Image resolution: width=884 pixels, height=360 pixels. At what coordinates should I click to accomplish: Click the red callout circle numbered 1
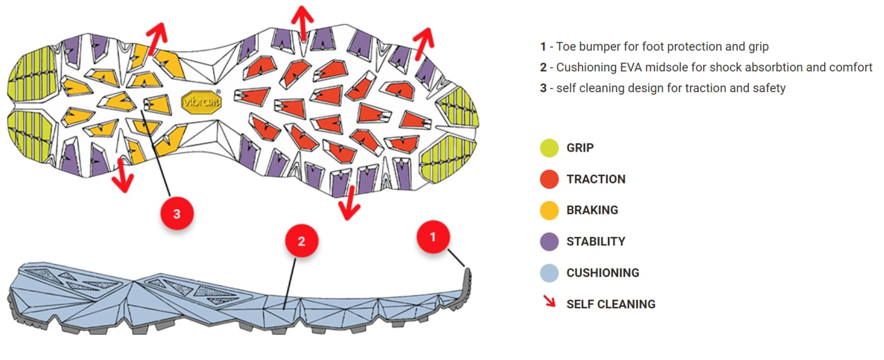[433, 237]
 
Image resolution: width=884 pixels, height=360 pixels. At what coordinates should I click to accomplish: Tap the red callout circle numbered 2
[301, 241]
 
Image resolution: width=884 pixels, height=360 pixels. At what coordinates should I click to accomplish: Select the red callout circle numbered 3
[177, 214]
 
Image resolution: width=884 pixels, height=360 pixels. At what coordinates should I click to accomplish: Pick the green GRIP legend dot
[550, 148]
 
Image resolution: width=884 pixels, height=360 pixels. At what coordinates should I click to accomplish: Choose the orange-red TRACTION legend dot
[550, 179]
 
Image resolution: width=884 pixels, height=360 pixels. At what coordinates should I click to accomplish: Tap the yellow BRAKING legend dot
[550, 210]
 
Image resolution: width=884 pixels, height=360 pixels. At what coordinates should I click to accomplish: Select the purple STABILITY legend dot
[550, 241]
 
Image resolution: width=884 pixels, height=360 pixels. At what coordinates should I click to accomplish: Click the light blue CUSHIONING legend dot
[550, 273]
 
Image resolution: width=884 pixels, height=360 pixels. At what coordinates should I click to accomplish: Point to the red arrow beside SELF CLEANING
[549, 302]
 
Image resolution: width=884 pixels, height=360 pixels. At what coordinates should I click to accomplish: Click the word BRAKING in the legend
[592, 210]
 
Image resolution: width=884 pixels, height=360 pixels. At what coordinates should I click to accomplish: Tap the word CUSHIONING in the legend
[603, 273]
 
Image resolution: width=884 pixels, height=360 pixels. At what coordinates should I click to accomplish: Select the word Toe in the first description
[566, 46]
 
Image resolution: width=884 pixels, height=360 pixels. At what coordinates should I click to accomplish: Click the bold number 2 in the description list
[543, 67]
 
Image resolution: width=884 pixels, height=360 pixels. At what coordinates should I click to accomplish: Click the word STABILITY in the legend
[596, 241]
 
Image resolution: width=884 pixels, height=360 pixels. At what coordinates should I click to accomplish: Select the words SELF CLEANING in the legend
[611, 304]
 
